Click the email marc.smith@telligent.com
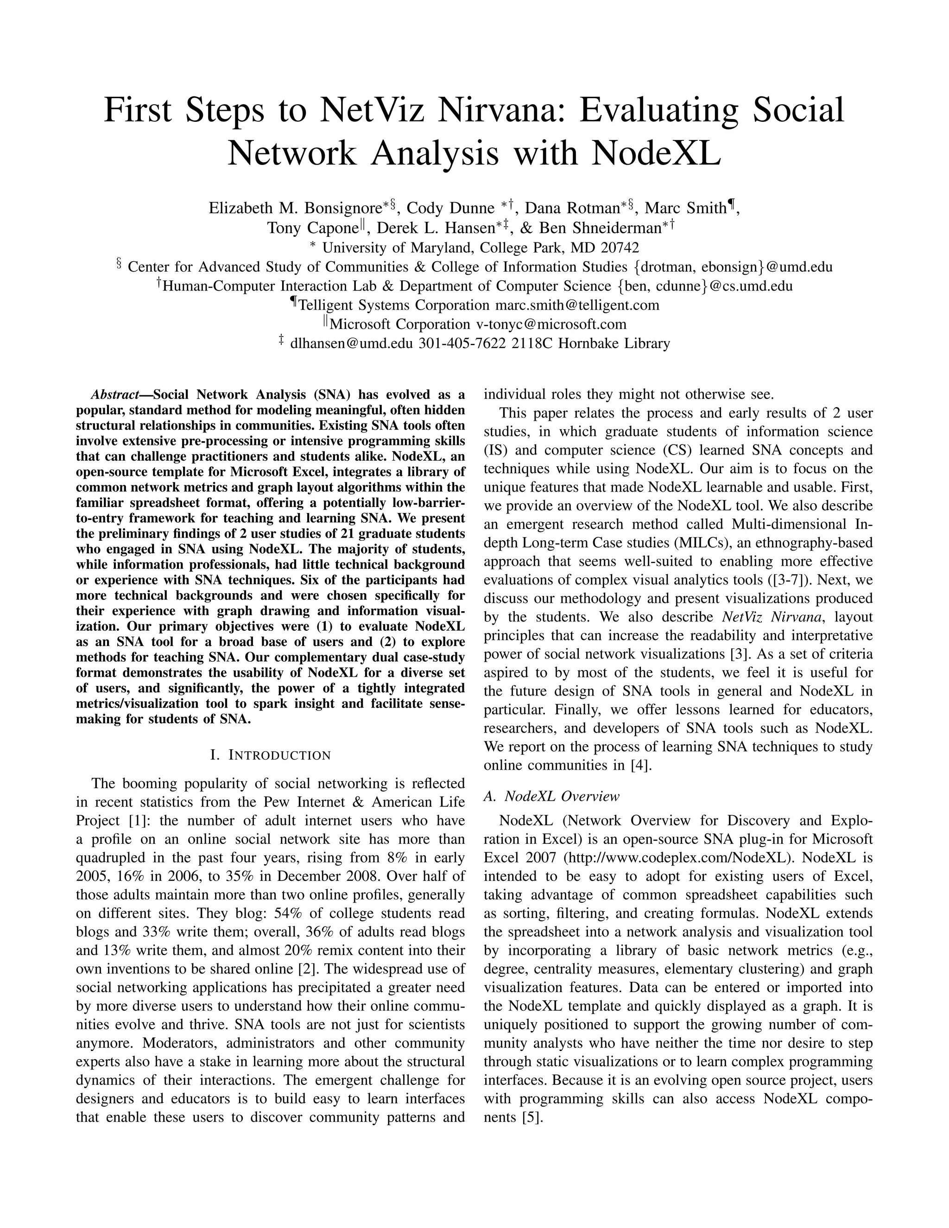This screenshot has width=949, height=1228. (577, 305)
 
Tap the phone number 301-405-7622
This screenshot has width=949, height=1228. (462, 343)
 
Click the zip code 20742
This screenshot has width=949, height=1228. (620, 248)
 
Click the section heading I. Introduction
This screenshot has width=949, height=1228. (271, 755)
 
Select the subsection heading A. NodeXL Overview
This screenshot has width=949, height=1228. (551, 796)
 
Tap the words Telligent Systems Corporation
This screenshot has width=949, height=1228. (393, 305)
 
